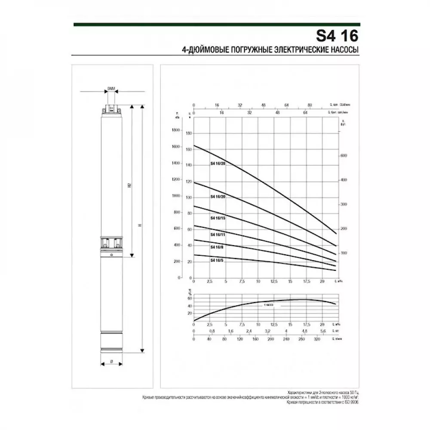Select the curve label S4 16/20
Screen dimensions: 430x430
coord(218,197)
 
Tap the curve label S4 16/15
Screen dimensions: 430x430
coord(218,218)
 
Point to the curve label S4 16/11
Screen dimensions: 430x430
coord(218,235)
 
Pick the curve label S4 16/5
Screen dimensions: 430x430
coord(217,261)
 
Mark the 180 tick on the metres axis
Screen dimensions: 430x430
coord(189,133)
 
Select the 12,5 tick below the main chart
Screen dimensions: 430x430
coord(273,281)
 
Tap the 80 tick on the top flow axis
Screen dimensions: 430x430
coord(309,105)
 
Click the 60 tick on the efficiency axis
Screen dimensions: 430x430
coord(189,298)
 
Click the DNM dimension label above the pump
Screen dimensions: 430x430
coord(112,88)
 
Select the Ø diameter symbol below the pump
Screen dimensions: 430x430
coord(111,362)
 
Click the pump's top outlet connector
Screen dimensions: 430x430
coord(111,109)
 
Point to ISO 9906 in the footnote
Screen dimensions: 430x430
coord(350,401)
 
